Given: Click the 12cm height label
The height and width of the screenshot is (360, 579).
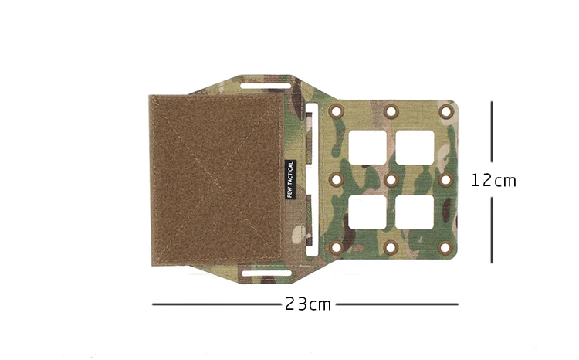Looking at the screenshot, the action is pos(493,180).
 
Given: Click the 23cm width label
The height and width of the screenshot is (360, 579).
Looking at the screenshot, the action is pos(308,304).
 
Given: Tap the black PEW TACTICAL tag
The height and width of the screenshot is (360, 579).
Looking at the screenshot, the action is pos(290,180).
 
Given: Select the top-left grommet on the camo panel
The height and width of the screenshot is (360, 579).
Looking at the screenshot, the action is pos(336,111).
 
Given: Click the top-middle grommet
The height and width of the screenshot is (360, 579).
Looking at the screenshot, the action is pos(391,111).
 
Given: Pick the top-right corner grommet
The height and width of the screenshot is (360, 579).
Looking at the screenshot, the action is pos(446,111).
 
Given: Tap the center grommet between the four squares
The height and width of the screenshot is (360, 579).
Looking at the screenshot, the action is pos(391,180).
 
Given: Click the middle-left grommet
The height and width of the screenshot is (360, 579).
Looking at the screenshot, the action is pos(336,180).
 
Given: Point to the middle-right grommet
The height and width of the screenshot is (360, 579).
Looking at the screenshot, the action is pos(446,180).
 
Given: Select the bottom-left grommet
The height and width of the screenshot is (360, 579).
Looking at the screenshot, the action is pos(336,248).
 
